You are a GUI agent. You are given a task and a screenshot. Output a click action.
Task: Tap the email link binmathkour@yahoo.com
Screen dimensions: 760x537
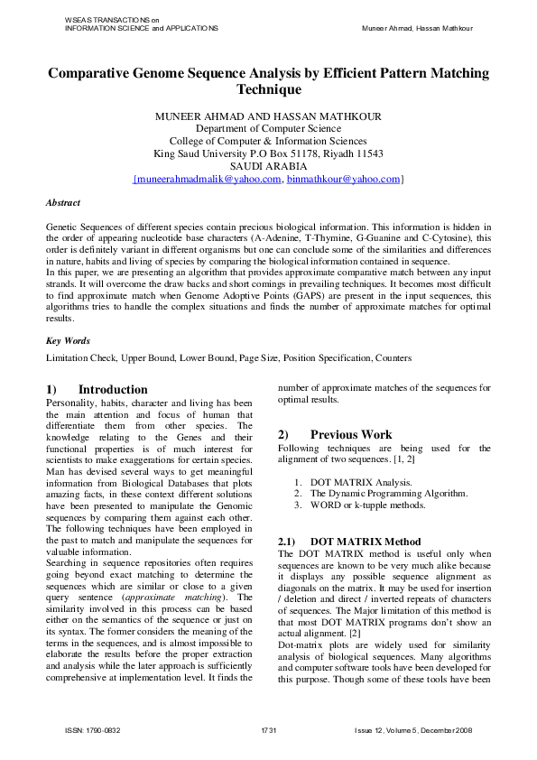pyautogui.click(x=343, y=180)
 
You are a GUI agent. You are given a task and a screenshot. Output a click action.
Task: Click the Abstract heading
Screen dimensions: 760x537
pyautogui.click(x=63, y=203)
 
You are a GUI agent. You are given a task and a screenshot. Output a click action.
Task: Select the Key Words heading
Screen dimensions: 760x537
pyautogui.click(x=67, y=341)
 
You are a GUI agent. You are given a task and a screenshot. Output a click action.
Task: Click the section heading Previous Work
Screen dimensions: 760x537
pyautogui.click(x=351, y=434)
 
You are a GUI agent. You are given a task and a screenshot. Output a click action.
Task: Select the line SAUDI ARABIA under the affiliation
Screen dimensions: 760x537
pyautogui.click(x=268, y=166)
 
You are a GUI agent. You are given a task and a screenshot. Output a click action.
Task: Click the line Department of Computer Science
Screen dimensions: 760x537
pyautogui.click(x=268, y=128)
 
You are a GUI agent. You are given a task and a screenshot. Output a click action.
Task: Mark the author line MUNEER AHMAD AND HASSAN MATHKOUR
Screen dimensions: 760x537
pyautogui.click(x=268, y=116)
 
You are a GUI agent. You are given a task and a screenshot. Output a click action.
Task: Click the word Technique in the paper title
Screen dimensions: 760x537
pyautogui.click(x=268, y=89)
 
